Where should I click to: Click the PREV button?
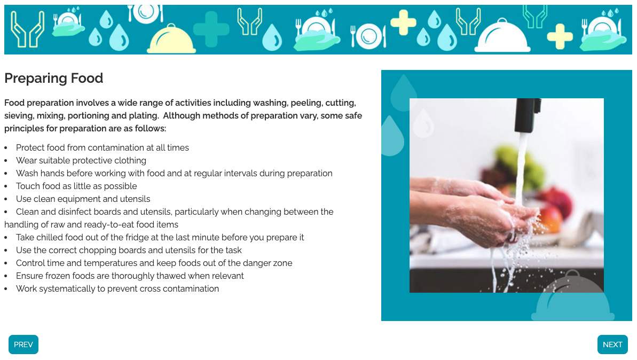(x=23, y=345)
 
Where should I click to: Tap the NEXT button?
(x=612, y=345)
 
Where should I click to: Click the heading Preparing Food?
(x=53, y=78)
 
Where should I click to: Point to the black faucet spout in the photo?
(x=528, y=115)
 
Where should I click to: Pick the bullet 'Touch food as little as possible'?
(x=76, y=186)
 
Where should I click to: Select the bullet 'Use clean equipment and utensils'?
(x=83, y=199)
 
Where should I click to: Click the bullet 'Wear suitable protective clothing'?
(x=81, y=161)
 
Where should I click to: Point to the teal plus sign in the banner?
(x=211, y=29)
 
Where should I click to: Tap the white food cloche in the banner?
(x=502, y=36)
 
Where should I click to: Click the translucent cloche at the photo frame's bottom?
(x=573, y=296)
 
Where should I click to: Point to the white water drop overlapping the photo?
(x=423, y=123)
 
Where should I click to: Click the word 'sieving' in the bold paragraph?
(x=19, y=116)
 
